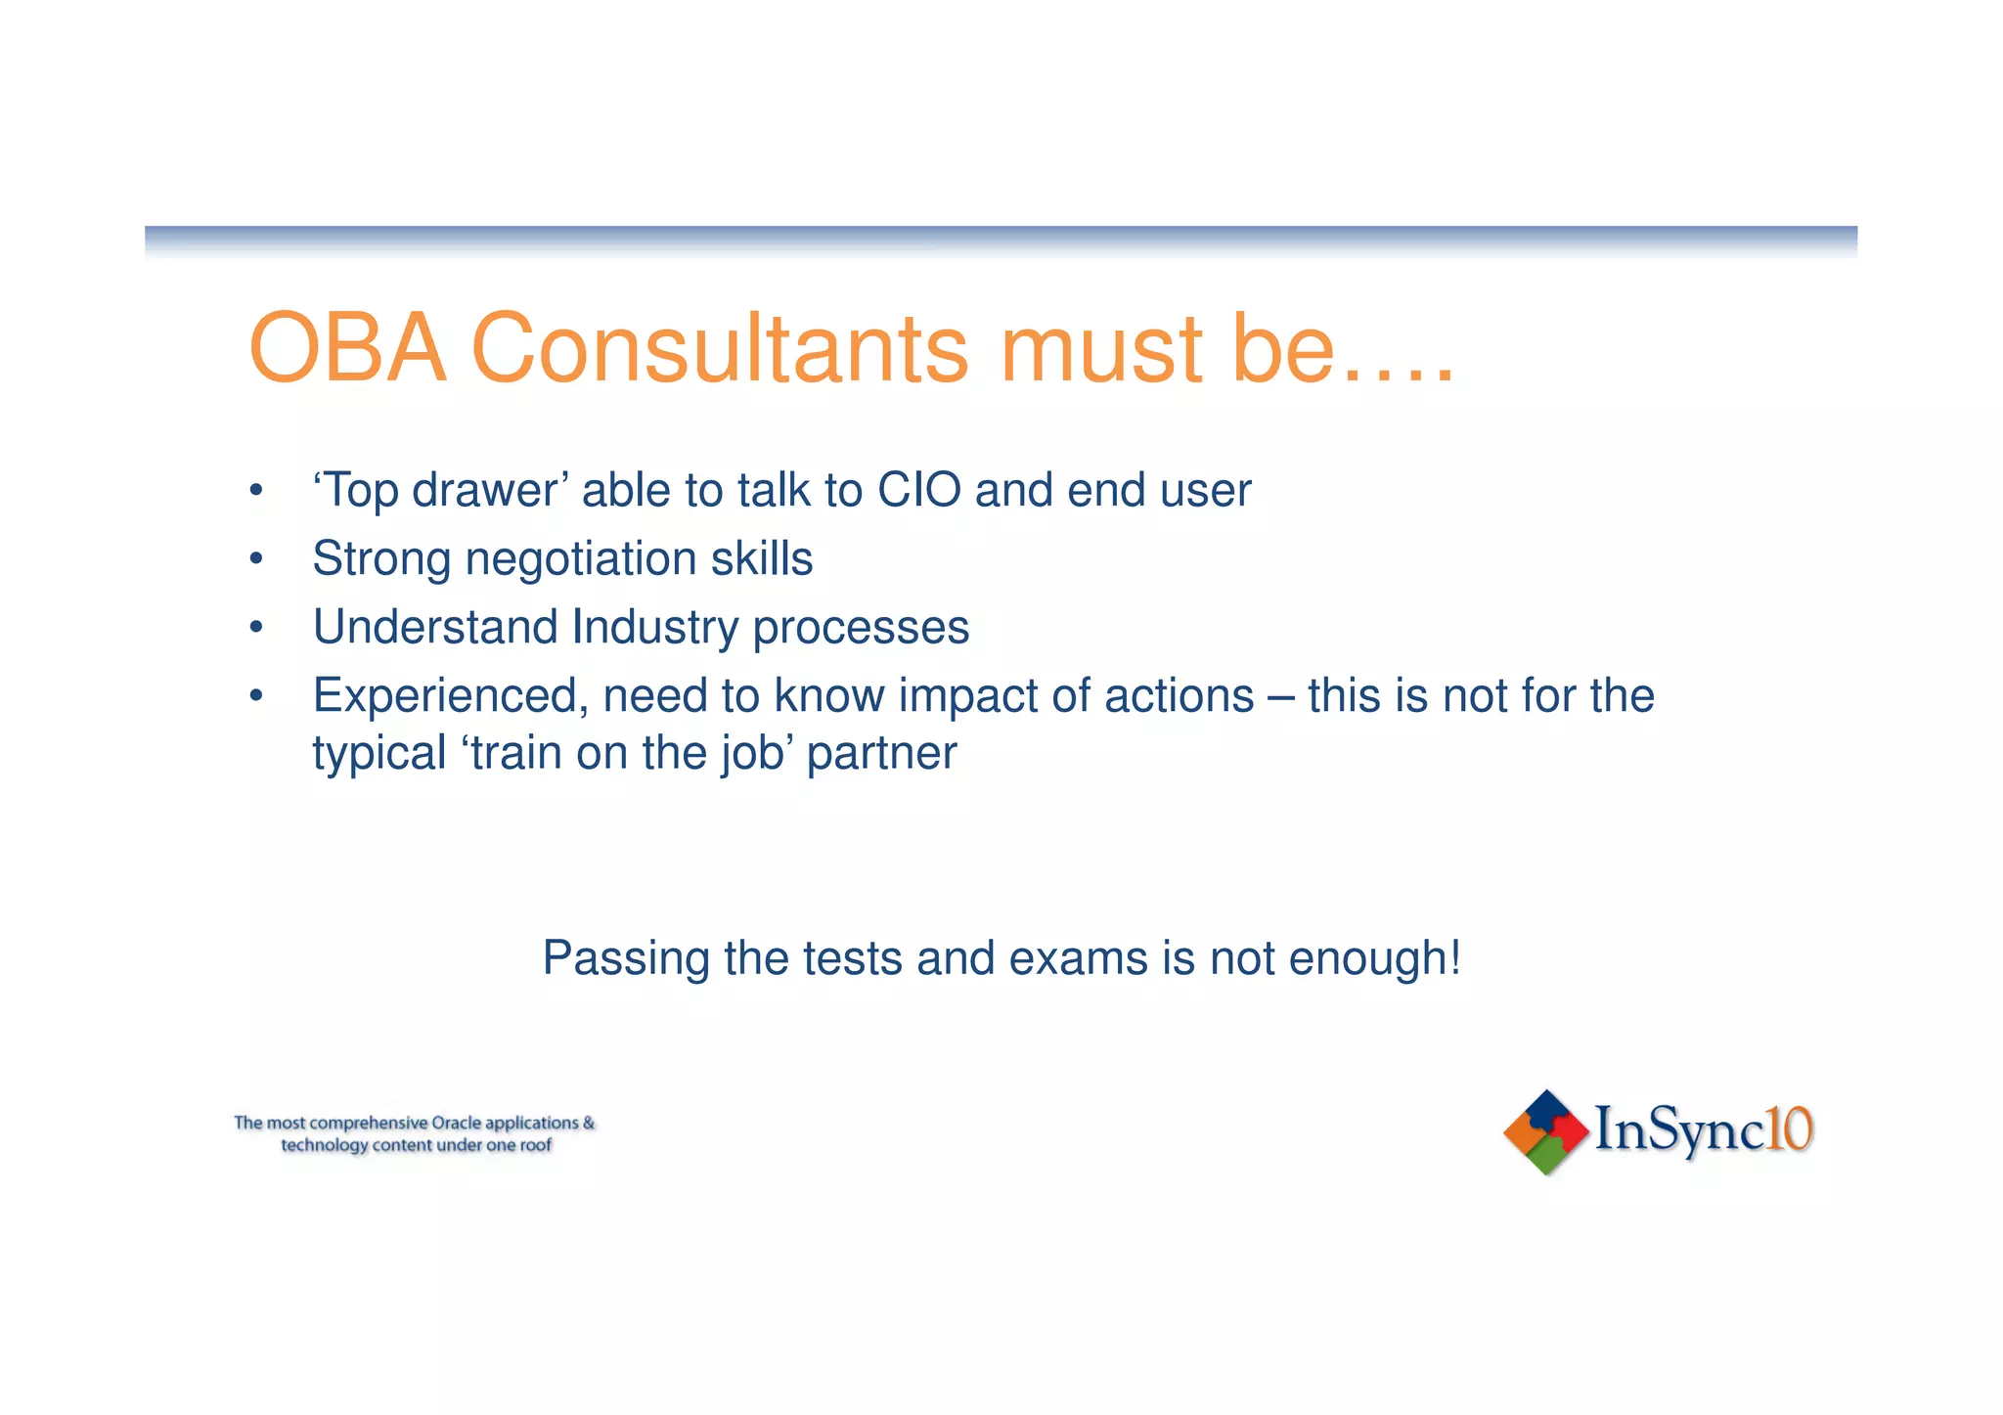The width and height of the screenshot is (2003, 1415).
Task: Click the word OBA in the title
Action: pos(347,349)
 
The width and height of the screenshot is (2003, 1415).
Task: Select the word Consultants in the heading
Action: pos(720,349)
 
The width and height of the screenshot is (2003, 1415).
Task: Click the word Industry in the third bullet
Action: pos(654,628)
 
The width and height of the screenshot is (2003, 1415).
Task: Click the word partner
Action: pos(881,753)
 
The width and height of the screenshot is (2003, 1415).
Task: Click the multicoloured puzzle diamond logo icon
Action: pos(1545,1131)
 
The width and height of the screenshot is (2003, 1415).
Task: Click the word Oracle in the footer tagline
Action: pos(456,1123)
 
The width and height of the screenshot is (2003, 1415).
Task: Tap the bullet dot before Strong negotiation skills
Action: pos(256,559)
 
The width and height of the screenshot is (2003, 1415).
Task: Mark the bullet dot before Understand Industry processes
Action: pos(256,628)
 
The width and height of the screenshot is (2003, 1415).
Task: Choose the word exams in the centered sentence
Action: pos(1078,958)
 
